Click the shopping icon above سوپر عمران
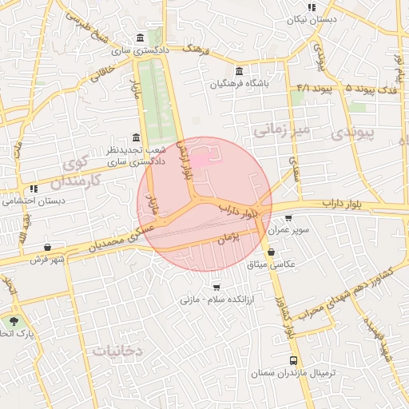pos(288,217)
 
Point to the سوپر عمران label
pos(288,229)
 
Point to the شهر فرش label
pos(47,260)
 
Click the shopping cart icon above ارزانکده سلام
pos(216,287)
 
